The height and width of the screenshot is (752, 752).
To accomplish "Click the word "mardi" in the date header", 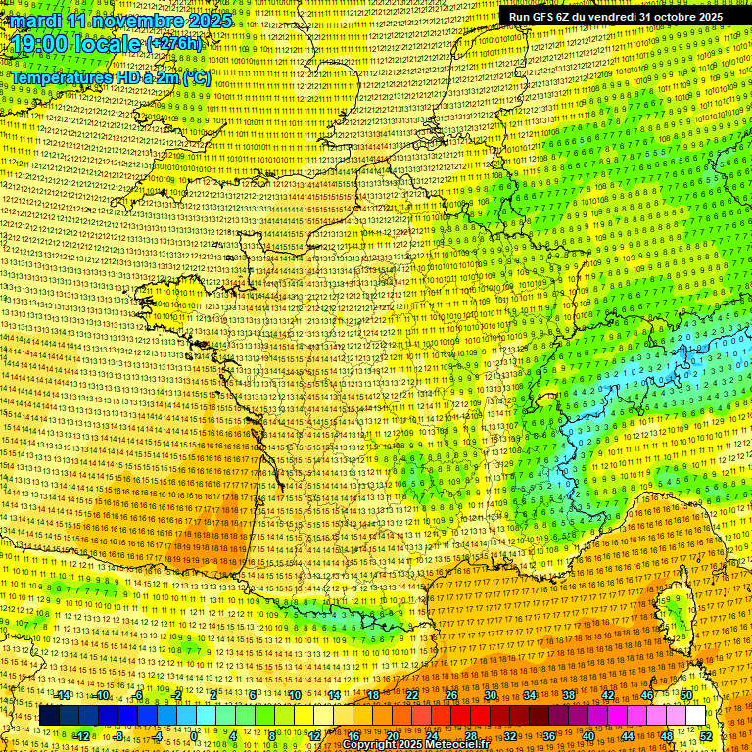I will tap(32, 21).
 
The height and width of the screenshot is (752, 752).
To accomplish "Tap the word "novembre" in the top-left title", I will tap(123, 21).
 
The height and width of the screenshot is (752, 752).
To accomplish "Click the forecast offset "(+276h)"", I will tap(174, 45).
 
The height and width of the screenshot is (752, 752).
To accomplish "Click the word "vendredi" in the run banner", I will tap(618, 17).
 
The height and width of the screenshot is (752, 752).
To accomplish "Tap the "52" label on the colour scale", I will tap(706, 735).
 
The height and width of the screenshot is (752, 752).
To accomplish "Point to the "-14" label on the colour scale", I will tap(63, 695).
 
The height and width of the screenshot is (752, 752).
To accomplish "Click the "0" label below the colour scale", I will tap(195, 735).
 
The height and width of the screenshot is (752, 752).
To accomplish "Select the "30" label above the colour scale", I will tap(490, 695).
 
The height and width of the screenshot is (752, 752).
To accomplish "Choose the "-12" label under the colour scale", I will tap(82, 735).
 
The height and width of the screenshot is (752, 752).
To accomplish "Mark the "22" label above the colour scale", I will tap(411, 695).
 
